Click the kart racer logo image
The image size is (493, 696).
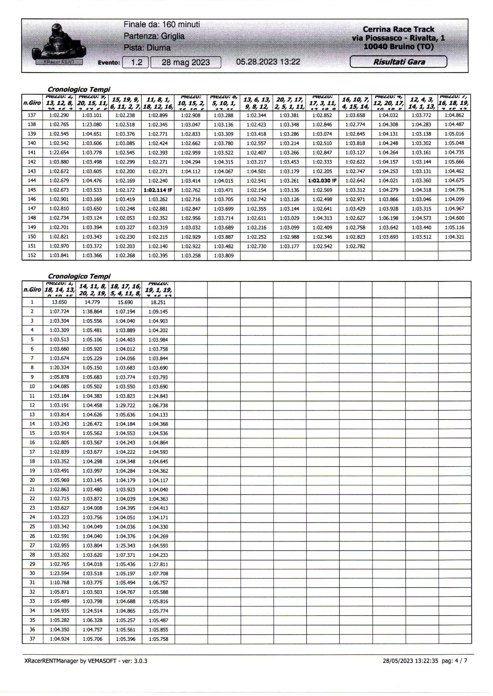(58, 44)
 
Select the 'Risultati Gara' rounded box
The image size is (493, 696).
(398, 62)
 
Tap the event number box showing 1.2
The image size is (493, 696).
(135, 63)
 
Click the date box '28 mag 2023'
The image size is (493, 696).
(186, 63)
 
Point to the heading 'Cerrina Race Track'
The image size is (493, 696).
(398, 29)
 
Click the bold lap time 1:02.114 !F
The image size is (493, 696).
(157, 190)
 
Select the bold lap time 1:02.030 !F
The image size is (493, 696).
(322, 181)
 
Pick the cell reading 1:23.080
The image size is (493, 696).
(92, 125)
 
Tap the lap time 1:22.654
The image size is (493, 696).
(59, 153)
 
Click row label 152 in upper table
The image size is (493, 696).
(32, 255)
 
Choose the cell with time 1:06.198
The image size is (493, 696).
(388, 218)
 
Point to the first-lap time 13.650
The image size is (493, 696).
(59, 302)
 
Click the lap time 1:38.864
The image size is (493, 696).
(92, 311)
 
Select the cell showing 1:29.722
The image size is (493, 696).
(125, 405)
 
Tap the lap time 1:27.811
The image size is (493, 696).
(158, 564)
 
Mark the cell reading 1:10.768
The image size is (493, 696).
(59, 582)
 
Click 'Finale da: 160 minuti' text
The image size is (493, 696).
(162, 24)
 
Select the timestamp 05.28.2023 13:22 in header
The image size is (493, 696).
(268, 62)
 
